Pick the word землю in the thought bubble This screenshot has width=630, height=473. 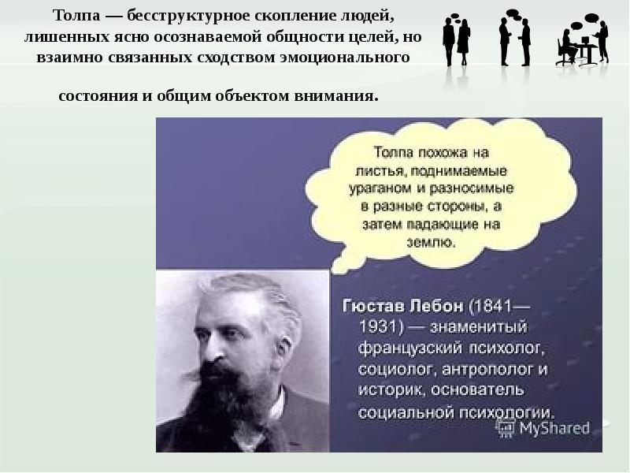point(431,242)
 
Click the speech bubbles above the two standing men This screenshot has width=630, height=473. point(513,13)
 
